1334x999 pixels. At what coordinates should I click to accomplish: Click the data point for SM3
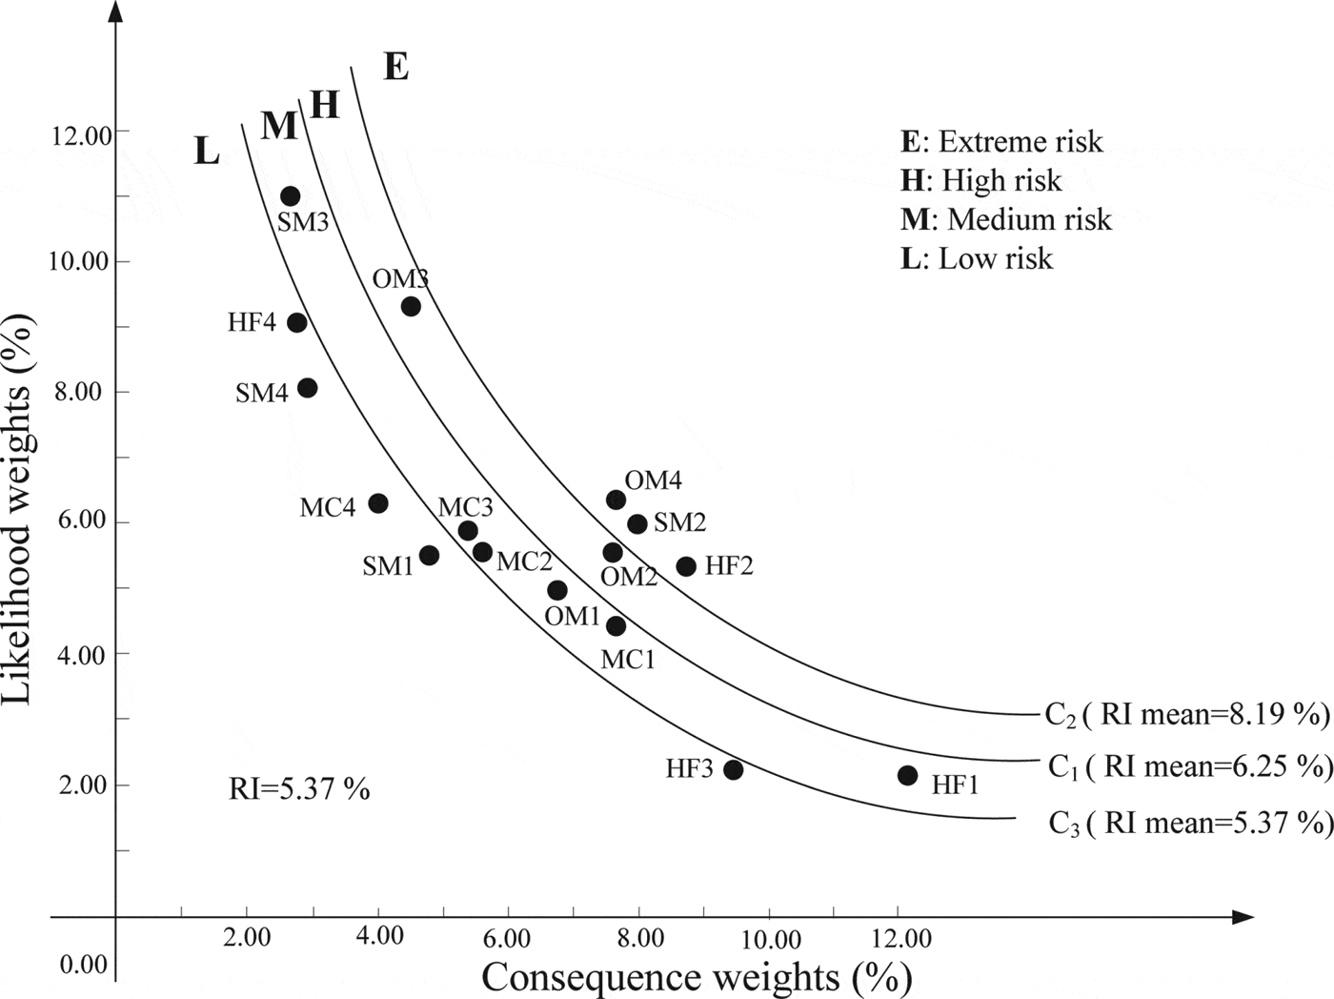291,196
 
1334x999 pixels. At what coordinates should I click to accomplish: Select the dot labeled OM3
411,306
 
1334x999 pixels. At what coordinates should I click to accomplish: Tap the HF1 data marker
907,775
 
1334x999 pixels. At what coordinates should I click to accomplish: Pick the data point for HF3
733,769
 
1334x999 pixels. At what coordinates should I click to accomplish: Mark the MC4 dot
378,503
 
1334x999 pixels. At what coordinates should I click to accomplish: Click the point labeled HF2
686,566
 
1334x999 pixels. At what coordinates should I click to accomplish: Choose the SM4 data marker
307,387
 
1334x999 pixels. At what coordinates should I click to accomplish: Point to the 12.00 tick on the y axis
80,135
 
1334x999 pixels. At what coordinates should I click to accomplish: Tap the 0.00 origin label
84,965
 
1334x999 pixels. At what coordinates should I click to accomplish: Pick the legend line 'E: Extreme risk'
1001,142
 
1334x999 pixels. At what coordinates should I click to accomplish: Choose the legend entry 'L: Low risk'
977,258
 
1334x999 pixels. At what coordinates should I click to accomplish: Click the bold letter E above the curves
395,67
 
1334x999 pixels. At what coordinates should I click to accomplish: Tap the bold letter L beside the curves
206,151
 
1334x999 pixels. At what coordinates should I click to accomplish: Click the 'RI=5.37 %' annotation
299,788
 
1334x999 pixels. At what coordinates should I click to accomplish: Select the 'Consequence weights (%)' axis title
697,977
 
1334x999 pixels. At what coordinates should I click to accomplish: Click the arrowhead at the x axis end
1243,917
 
